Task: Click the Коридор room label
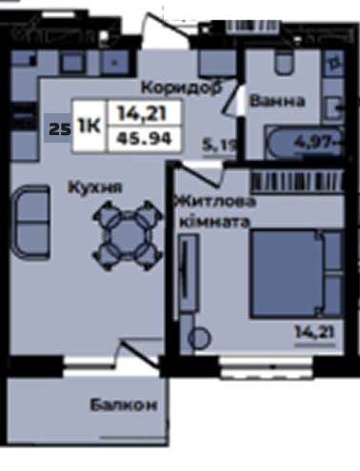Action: pos(182,88)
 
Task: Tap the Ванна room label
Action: pos(277,101)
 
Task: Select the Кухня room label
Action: pos(95,186)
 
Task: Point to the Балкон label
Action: pos(124,405)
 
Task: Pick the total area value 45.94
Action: pos(145,138)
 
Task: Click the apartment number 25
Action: pos(60,129)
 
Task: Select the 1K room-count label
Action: pos(90,126)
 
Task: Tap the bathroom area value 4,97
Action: pos(313,141)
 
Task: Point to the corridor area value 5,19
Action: pos(220,146)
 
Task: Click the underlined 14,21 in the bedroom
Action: pos(314,332)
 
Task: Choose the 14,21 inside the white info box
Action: pos(142,113)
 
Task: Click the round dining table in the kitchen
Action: pos(128,235)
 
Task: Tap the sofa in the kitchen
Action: pos(30,223)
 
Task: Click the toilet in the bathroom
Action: pos(283,63)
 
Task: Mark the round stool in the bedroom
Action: pos(199,338)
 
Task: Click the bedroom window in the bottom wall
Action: pos(267,367)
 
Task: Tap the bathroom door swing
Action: pos(232,97)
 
